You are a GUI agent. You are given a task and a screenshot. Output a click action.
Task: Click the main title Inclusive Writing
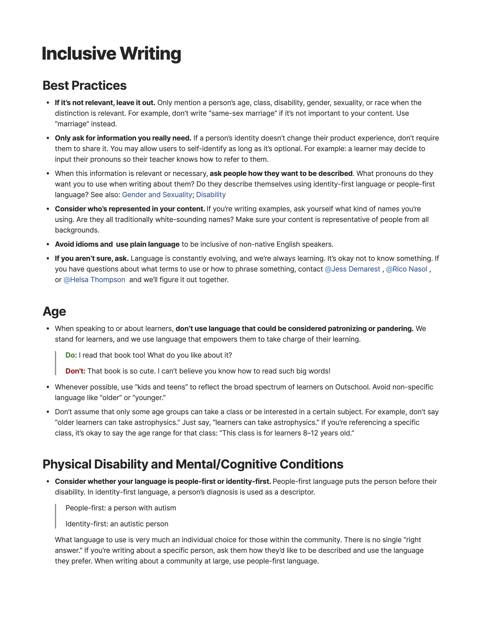click(111, 54)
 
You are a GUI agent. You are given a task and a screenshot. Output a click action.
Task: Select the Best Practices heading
click(85, 86)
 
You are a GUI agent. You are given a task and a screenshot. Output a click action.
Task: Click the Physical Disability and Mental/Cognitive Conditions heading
click(193, 464)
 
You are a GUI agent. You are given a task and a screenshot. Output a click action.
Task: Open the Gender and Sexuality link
click(157, 195)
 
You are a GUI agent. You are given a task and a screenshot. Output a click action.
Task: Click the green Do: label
click(71, 355)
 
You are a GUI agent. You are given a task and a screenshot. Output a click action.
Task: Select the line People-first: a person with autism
click(121, 508)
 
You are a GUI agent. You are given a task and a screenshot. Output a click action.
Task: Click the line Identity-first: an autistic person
click(117, 524)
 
